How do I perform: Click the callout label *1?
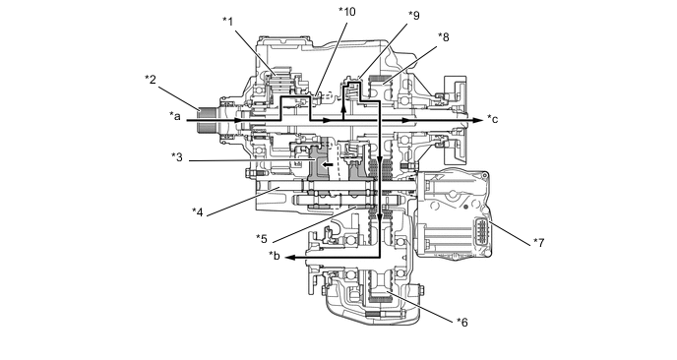(228, 21)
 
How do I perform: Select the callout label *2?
(151, 80)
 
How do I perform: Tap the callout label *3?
(176, 156)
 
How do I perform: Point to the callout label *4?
(198, 211)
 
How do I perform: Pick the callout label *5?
(262, 238)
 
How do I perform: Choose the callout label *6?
(462, 322)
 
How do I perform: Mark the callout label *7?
(539, 243)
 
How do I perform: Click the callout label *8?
(444, 37)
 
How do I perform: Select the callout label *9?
(413, 16)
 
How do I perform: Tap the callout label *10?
(347, 12)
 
